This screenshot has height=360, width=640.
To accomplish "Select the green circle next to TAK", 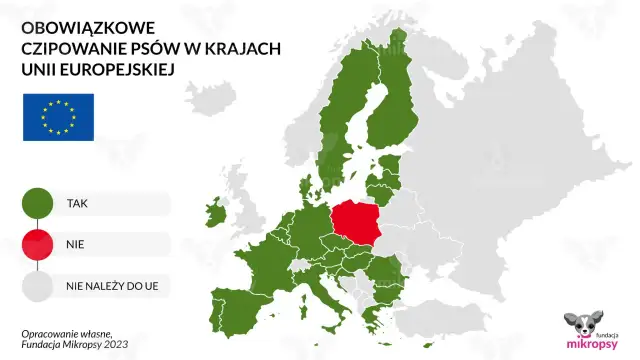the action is [x=37, y=203].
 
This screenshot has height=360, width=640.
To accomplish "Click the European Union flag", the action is [x=58, y=116].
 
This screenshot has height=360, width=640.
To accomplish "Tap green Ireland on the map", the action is [x=213, y=214].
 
